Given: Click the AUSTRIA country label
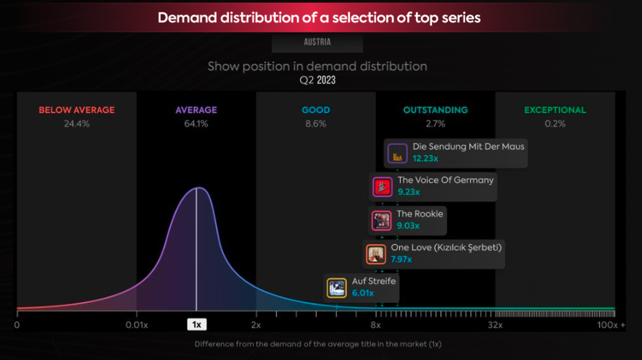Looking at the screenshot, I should [x=317, y=42].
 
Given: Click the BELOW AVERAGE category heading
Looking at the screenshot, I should [x=76, y=110].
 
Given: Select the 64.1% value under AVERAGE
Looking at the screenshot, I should [x=196, y=124].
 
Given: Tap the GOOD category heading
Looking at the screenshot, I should [x=315, y=110].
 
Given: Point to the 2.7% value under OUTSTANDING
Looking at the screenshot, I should [x=435, y=124].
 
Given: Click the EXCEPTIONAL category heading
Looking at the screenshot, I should [x=555, y=110].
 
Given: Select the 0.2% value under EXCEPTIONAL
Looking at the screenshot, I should [x=555, y=124].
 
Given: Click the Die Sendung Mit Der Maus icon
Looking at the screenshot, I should [x=397, y=153].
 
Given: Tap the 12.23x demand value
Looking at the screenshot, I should [x=425, y=159].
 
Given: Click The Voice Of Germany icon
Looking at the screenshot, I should [x=382, y=187].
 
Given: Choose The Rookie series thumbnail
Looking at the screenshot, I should [x=381, y=220].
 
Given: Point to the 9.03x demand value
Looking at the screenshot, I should [x=409, y=226].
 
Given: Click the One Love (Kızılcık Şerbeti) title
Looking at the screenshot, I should [x=446, y=248].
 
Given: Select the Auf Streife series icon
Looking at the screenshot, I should [x=336, y=288].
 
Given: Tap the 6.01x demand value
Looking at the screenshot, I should [x=362, y=293].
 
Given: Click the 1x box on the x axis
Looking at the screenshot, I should [x=196, y=325].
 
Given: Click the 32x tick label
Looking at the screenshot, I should [x=496, y=325].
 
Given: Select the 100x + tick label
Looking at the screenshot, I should [x=611, y=325].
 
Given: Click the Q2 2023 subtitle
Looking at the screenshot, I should [x=317, y=80].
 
